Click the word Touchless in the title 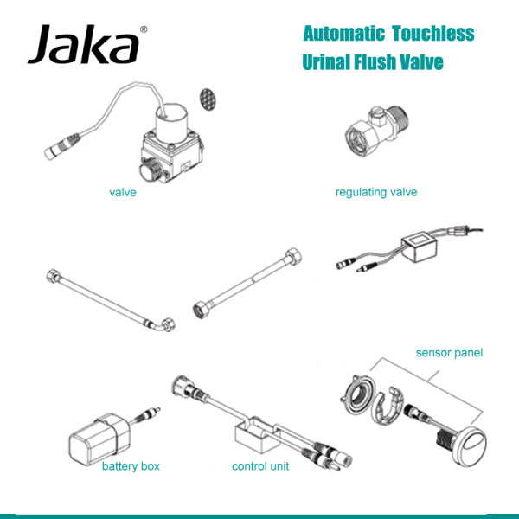click(x=432, y=34)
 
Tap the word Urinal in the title click(x=327, y=63)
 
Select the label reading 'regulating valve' click(x=376, y=191)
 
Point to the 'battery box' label click(x=131, y=466)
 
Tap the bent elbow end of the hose click(x=160, y=326)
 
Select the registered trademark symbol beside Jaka click(x=144, y=29)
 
